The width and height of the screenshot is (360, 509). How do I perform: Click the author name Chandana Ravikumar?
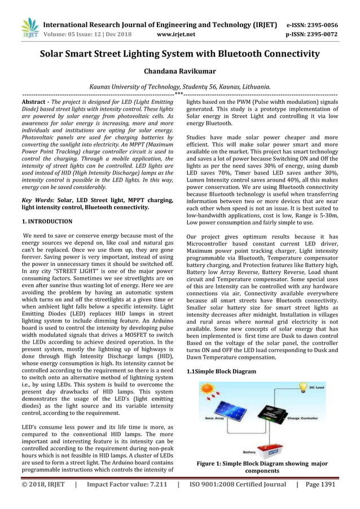(x=180, y=72)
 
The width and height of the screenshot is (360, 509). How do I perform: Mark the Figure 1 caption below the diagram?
(x=262, y=467)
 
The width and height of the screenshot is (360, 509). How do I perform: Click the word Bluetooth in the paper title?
(x=245, y=54)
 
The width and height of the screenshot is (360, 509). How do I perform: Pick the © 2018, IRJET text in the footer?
(x=43, y=484)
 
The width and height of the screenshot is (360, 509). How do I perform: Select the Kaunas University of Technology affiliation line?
(x=180, y=87)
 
